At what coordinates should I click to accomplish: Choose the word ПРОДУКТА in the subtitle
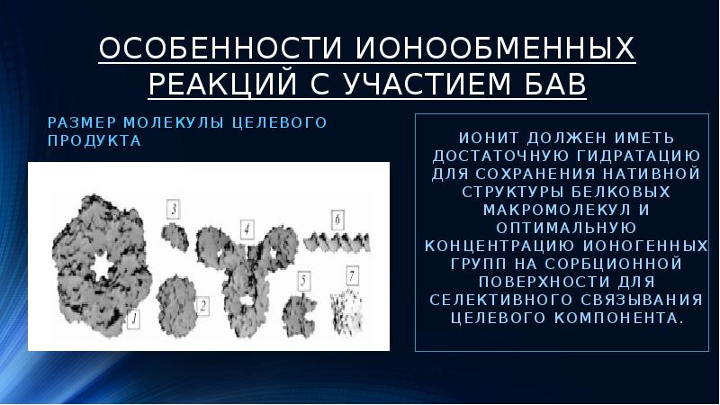94,140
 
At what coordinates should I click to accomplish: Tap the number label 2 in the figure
203,306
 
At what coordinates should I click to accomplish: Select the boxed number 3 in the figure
174,209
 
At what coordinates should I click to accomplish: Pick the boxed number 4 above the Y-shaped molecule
246,229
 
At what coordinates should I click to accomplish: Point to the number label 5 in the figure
304,281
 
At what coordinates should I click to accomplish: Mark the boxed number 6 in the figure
337,219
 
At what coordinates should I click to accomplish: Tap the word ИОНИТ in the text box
487,138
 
